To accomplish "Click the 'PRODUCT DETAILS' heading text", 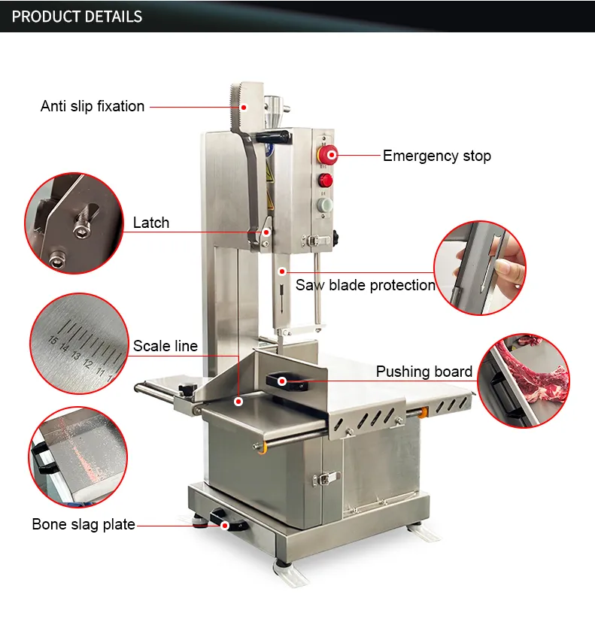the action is [x=77, y=17].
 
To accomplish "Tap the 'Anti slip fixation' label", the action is [x=93, y=107].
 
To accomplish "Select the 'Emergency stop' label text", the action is [x=437, y=156].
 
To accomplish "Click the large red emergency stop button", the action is [x=328, y=155].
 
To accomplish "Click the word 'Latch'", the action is [x=151, y=223].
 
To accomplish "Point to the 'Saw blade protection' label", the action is [x=365, y=285].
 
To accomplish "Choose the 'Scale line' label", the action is [x=165, y=346].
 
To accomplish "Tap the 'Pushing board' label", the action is [x=424, y=372].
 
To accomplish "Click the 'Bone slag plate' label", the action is [x=83, y=524].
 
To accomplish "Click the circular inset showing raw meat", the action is [x=524, y=381].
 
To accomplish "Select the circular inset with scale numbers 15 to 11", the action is [x=79, y=344].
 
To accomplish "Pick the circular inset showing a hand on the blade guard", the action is [x=480, y=268].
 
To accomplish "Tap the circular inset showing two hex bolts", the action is [x=74, y=223].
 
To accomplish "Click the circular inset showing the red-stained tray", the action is [x=78, y=457].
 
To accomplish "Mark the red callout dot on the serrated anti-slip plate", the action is [x=244, y=108].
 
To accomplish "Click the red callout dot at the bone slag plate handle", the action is [x=225, y=526].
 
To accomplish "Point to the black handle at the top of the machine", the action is [x=273, y=137].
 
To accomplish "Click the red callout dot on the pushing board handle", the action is [x=282, y=381].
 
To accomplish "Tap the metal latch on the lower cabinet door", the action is [x=326, y=478].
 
